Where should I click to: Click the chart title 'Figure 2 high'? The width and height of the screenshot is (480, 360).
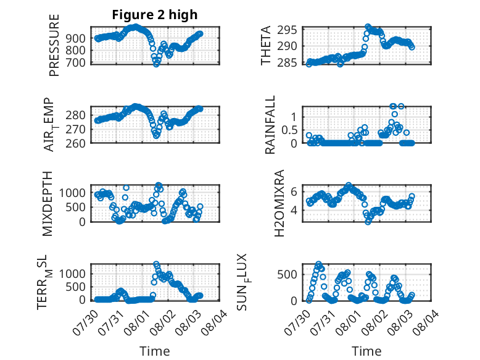tap(155, 15)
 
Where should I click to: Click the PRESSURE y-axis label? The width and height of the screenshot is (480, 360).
tap(54, 45)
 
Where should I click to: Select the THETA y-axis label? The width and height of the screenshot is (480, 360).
tap(266, 45)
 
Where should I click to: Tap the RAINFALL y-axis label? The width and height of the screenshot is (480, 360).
tap(270, 125)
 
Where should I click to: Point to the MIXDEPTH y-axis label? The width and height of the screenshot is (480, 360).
tap(48, 204)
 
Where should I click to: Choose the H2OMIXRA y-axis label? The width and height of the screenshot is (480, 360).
tap(279, 203)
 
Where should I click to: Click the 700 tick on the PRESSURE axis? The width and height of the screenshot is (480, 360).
tap(77, 63)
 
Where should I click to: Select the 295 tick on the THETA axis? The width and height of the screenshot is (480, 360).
tap(287, 30)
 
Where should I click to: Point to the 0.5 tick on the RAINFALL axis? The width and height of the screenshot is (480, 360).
tap(289, 130)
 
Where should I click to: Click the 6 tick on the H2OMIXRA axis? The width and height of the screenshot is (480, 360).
tap(294, 192)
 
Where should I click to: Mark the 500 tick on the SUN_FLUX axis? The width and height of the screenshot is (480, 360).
tap(287, 275)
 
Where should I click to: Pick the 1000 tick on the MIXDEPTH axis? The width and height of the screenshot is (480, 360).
tap(72, 193)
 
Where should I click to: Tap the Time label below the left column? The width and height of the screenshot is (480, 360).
tap(155, 351)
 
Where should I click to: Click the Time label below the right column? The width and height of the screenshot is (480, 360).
tap(366, 351)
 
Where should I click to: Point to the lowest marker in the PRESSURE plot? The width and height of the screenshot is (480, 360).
tap(156, 64)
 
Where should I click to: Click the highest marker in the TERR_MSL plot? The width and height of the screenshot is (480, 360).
tap(156, 264)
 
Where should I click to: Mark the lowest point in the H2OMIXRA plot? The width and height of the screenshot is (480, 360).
tap(368, 222)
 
